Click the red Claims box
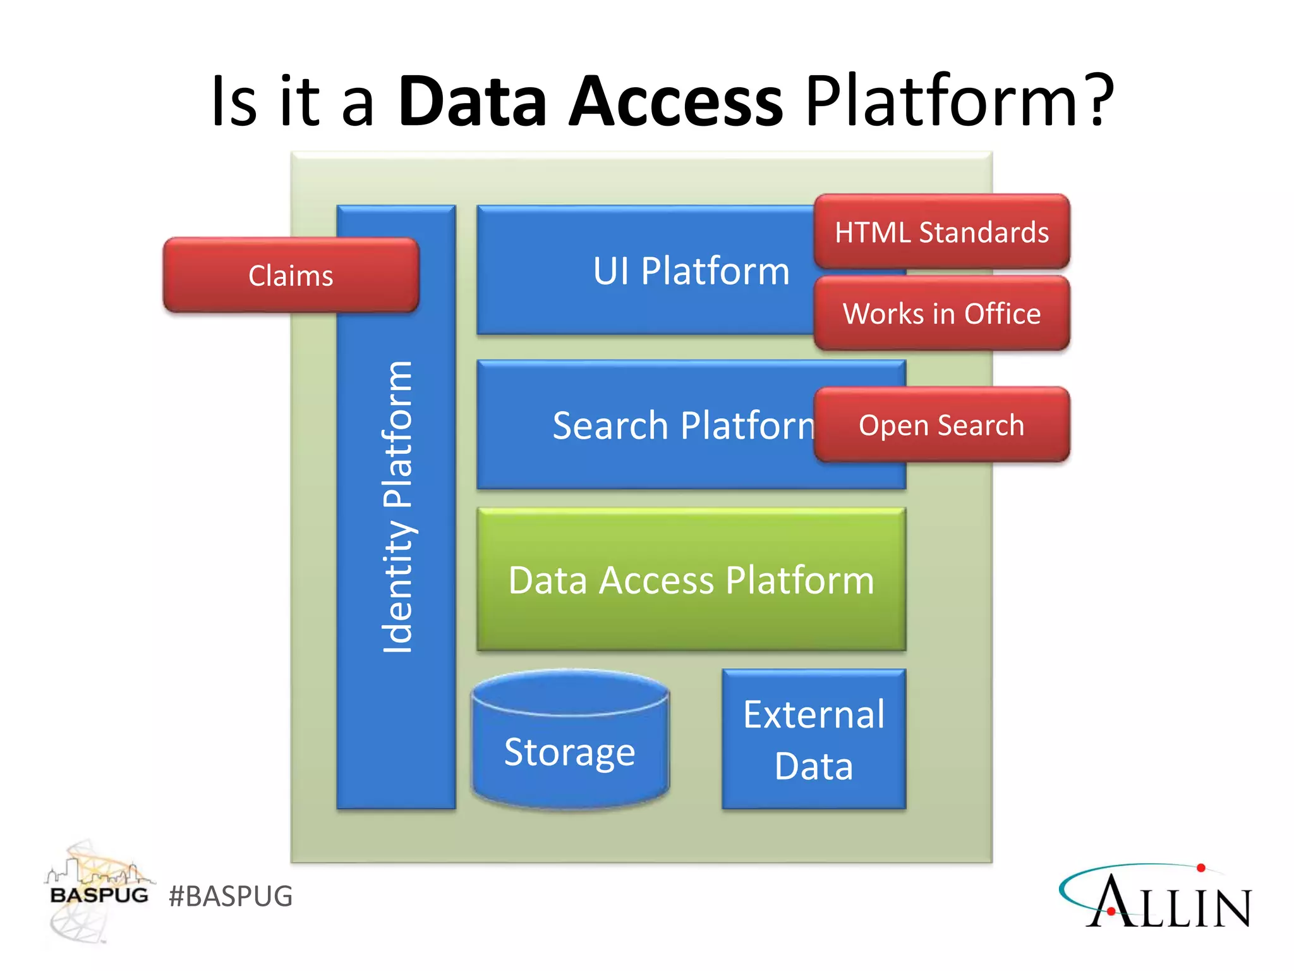291,276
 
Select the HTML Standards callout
941,232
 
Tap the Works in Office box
941,314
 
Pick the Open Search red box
941,425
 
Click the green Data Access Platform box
691,580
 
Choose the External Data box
814,740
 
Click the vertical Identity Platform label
397,507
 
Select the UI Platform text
691,271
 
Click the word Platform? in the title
960,101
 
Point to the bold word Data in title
473,101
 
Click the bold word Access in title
676,101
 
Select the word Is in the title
234,101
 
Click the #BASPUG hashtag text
231,896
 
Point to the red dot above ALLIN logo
1201,868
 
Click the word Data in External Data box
814,766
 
